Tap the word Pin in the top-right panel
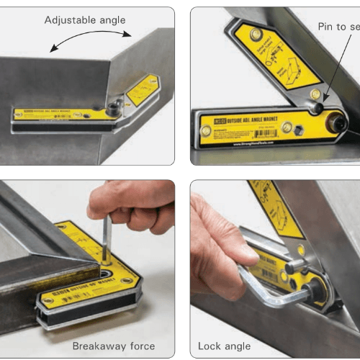click(327, 26)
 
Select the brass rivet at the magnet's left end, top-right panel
click(206, 132)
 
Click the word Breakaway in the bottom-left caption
click(96, 346)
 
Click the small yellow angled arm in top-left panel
click(141, 91)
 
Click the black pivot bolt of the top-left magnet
click(112, 109)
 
